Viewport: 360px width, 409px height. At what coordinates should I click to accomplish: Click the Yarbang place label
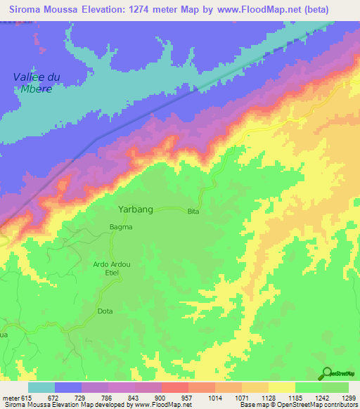(x=135, y=209)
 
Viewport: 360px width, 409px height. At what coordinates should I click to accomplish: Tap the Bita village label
(x=194, y=212)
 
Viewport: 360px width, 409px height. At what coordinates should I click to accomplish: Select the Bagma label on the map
(x=120, y=227)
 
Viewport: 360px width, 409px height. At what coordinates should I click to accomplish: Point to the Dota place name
(x=105, y=311)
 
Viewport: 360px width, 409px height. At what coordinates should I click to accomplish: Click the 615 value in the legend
(x=26, y=397)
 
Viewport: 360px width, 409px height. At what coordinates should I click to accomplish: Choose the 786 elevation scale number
(x=108, y=397)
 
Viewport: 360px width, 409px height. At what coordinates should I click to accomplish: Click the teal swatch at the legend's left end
(x=41, y=387)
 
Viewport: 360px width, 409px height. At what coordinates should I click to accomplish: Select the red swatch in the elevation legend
(x=174, y=387)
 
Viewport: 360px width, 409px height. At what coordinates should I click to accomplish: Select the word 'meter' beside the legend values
(x=10, y=397)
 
